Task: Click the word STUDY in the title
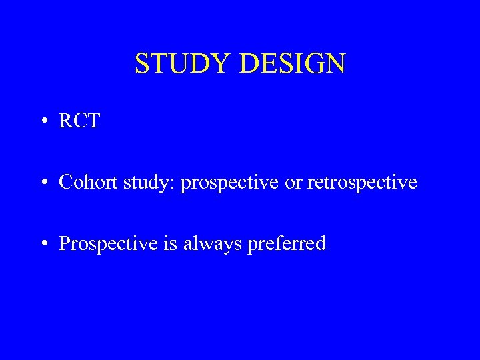[x=182, y=63]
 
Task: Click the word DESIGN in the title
[x=291, y=63]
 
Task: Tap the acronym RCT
[x=79, y=121]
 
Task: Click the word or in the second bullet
[x=293, y=183]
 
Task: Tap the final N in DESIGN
[x=335, y=63]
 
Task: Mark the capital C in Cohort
[x=65, y=182]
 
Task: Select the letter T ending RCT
[x=93, y=121]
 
